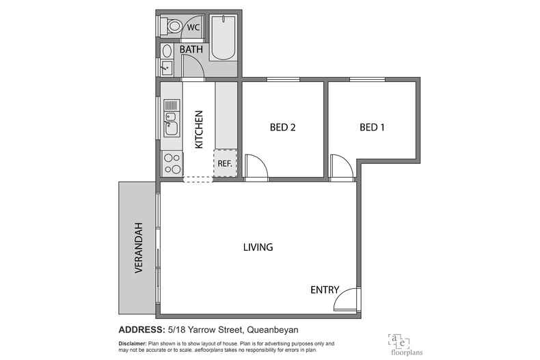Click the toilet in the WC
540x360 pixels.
[172, 27]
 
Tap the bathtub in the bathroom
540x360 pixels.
[222, 38]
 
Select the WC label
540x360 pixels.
[194, 28]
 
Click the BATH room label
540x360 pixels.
[192, 50]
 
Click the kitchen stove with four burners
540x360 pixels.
[172, 164]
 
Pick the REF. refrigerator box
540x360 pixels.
[225, 163]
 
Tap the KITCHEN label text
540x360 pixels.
[200, 129]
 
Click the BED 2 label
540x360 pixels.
[283, 127]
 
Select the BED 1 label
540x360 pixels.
[373, 127]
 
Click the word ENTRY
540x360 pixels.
[325, 290]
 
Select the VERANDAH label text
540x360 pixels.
[138, 248]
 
